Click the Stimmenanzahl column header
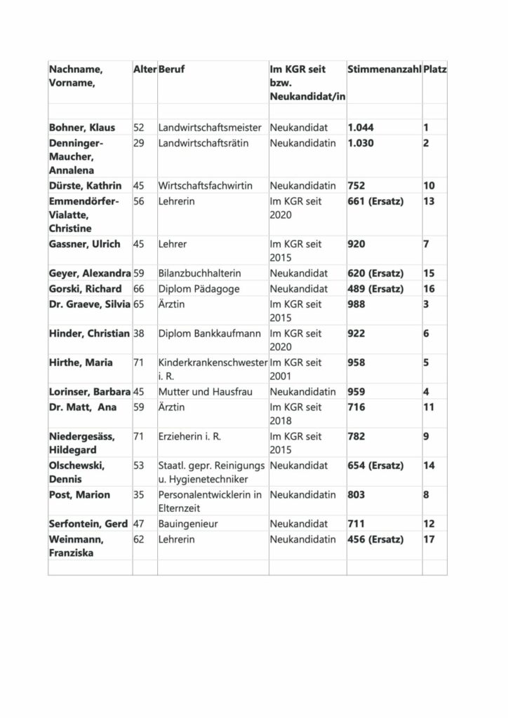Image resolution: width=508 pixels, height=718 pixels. click(x=383, y=70)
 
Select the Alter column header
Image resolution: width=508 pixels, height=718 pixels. click(x=144, y=70)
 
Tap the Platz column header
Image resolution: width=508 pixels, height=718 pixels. click(x=435, y=70)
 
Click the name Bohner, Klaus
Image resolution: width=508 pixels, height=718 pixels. click(x=82, y=128)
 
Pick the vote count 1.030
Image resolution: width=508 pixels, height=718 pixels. click(x=361, y=143)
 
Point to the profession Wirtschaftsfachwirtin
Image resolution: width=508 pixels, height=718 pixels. click(x=205, y=186)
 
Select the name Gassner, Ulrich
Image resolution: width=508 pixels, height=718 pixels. click(x=84, y=244)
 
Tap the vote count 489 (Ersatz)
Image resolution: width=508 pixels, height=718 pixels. click(x=375, y=289)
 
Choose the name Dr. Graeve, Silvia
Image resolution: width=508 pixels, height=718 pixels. click(x=90, y=304)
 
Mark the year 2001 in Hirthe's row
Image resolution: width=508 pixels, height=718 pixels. click(x=282, y=375)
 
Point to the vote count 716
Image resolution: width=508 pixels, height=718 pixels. click(x=357, y=406)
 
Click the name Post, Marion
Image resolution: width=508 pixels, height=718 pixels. click(x=79, y=494)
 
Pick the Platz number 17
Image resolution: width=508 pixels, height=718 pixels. click(x=429, y=539)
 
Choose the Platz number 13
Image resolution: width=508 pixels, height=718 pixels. click(x=429, y=201)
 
